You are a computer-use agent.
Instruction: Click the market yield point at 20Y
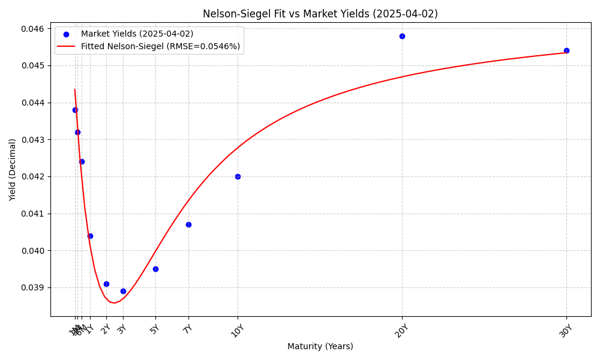402,36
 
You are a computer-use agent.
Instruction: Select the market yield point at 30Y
566,50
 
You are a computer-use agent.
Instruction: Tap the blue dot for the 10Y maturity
238,176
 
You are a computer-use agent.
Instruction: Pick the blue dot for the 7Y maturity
188,224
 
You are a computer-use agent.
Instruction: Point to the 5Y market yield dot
155,269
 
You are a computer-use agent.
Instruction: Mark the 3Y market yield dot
123,291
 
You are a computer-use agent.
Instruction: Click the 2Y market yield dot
106,284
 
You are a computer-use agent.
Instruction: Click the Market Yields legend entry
137,34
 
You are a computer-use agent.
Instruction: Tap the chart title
320,14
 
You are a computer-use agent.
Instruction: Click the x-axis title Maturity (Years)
320,346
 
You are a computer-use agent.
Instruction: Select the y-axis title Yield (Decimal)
13,169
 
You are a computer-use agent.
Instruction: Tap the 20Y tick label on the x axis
400,331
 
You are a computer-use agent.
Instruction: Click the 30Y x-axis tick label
565,331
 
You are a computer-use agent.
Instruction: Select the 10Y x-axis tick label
236,331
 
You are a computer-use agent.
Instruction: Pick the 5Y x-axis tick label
154,329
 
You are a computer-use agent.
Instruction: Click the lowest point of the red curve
114,303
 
